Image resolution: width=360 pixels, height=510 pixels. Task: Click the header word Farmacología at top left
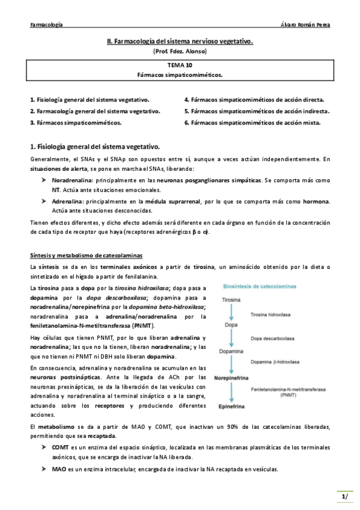(46, 25)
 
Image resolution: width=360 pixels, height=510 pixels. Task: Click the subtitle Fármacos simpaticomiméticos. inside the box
(180, 75)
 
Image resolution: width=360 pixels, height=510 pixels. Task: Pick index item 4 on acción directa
(254, 100)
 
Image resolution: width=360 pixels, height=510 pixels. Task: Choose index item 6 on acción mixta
(252, 122)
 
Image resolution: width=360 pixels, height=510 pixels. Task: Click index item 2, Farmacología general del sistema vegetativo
(95, 111)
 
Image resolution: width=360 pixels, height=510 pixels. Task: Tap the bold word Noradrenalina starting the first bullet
(72, 180)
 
